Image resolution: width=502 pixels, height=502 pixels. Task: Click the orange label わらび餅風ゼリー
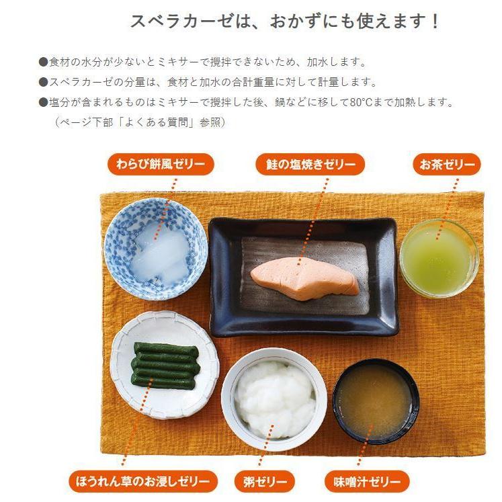(x=161, y=164)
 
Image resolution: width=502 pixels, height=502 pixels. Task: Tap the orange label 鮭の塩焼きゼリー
(x=310, y=164)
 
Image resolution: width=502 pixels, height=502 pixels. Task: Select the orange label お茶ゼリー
(x=446, y=164)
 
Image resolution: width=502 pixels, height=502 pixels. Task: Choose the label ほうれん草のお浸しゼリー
(x=143, y=481)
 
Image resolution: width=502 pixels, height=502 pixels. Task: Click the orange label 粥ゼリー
(x=264, y=481)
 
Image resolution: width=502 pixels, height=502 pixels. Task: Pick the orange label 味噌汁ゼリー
(x=366, y=481)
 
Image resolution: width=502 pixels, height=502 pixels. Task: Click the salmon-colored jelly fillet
(x=304, y=278)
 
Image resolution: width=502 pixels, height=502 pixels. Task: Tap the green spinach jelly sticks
(x=164, y=365)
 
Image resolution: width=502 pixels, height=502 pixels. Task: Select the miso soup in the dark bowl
(x=375, y=399)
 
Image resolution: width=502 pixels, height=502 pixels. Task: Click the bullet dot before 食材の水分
(x=44, y=62)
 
